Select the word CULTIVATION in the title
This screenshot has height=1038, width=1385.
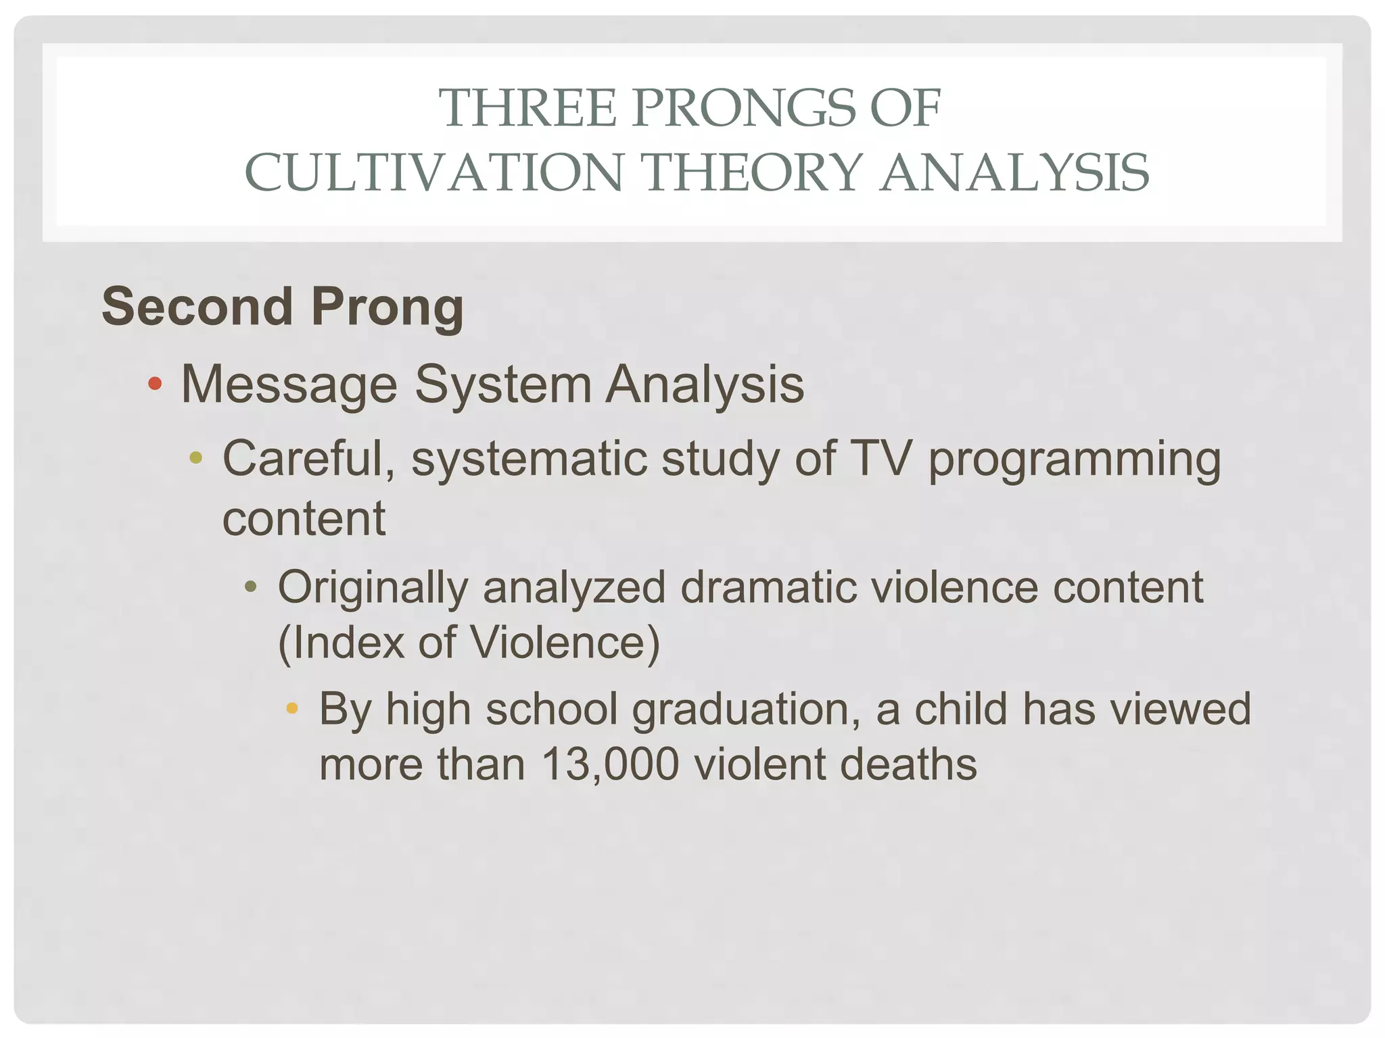click(433, 172)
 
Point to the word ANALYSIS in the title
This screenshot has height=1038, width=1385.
click(1014, 172)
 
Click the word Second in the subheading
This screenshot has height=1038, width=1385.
click(197, 306)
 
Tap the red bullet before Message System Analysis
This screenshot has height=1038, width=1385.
click(155, 384)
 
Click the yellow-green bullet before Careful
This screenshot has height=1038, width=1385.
click(196, 458)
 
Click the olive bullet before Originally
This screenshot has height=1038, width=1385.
click(251, 587)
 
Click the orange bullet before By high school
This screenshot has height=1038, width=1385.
click(292, 708)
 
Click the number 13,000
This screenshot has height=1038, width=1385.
click(609, 764)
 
